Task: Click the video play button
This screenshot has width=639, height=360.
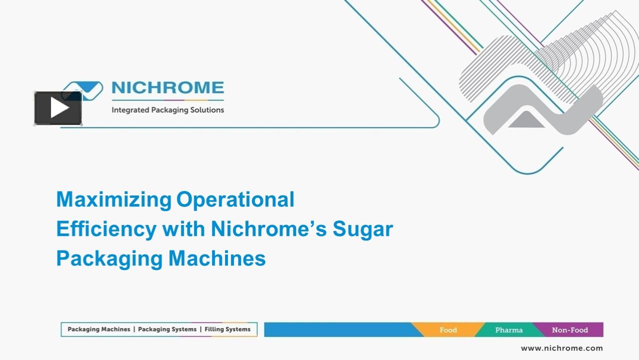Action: pyautogui.click(x=58, y=108)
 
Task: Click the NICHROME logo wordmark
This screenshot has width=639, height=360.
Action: pyautogui.click(x=167, y=88)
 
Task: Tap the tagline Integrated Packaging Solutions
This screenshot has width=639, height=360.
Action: pyautogui.click(x=167, y=110)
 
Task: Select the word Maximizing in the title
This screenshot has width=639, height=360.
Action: pyautogui.click(x=113, y=199)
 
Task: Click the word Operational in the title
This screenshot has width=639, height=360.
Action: pyautogui.click(x=235, y=199)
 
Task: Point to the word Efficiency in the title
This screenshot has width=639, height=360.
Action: pyautogui.click(x=106, y=229)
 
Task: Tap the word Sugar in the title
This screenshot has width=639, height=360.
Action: pyautogui.click(x=363, y=229)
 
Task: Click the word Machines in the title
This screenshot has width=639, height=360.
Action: pyautogui.click(x=217, y=258)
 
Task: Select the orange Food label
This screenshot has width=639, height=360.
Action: pyautogui.click(x=448, y=330)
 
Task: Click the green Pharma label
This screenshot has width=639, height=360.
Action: pyautogui.click(x=508, y=330)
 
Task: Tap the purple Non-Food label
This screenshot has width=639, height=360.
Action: pyautogui.click(x=570, y=330)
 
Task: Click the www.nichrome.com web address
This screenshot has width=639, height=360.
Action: pyautogui.click(x=561, y=348)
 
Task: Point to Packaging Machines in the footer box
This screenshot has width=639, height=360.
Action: pyautogui.click(x=98, y=329)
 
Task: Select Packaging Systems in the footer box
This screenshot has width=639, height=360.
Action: pyautogui.click(x=167, y=329)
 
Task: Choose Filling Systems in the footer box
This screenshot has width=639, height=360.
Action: pyautogui.click(x=227, y=329)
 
